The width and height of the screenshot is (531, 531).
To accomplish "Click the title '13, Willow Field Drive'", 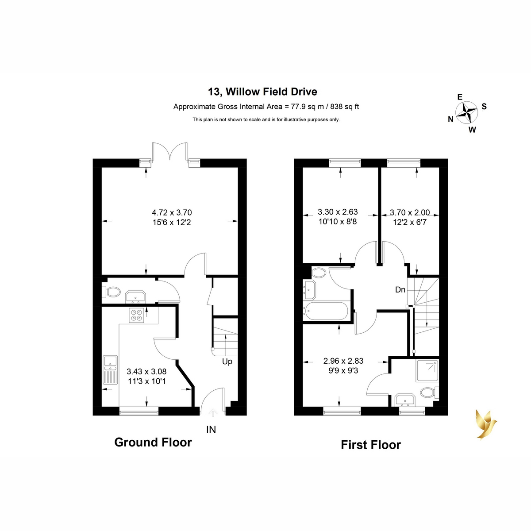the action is [x=262, y=92].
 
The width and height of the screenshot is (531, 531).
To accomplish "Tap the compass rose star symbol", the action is [x=466, y=113].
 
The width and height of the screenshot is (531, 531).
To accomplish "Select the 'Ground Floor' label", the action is [x=153, y=442].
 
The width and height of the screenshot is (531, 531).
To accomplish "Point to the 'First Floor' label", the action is [x=371, y=445].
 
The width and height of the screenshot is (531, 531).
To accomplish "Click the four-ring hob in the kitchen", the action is [x=136, y=315].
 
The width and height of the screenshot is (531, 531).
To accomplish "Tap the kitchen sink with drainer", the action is [x=110, y=370].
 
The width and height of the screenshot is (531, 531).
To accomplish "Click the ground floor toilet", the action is [x=112, y=292].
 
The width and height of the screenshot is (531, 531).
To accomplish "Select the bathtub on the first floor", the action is [x=325, y=311].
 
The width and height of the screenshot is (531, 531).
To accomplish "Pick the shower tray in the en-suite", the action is [x=427, y=371].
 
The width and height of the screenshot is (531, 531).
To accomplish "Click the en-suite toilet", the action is [x=430, y=392].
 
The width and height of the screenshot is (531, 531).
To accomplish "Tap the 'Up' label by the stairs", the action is [x=227, y=362].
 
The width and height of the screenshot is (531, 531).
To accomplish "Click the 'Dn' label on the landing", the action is [x=400, y=289].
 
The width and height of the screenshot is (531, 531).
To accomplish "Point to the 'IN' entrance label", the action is [x=211, y=430].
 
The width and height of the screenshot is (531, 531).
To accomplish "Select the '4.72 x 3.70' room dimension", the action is [x=172, y=212].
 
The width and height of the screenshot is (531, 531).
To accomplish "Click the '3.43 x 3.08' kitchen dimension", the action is [x=146, y=371].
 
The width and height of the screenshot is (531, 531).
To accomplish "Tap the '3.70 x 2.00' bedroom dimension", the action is [x=410, y=212].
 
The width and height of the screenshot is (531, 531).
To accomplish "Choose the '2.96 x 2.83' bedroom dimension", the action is [x=343, y=361].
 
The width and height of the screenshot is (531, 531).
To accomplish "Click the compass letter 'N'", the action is [x=450, y=119].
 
